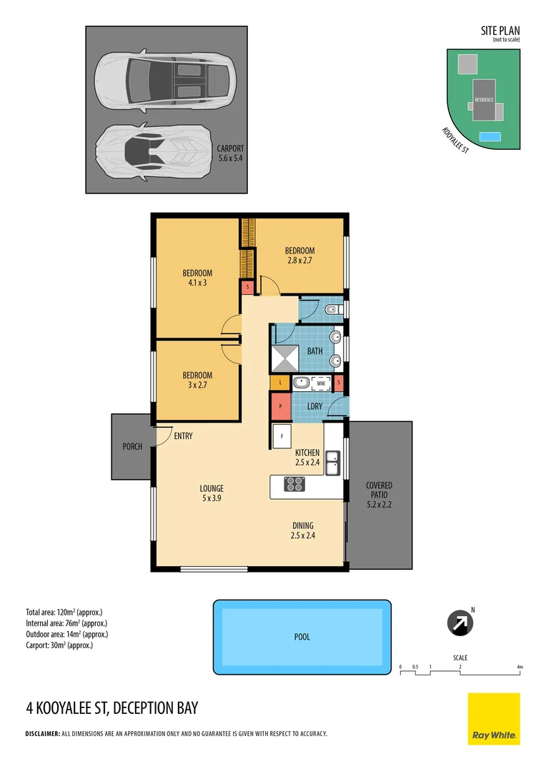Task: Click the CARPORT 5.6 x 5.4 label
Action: (x=229, y=153)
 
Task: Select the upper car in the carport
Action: (x=165, y=79)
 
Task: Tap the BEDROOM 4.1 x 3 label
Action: (x=197, y=278)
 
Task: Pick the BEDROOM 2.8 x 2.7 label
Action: (x=299, y=255)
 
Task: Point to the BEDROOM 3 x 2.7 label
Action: (x=197, y=380)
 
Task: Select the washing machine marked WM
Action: (x=320, y=383)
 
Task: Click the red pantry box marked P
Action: (x=281, y=406)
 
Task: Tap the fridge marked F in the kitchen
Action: (x=282, y=435)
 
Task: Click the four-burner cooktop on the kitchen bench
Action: (x=294, y=484)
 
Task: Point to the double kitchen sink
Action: (x=332, y=463)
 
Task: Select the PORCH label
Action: (x=132, y=447)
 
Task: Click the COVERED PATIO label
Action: (x=379, y=495)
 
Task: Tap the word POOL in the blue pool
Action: (x=302, y=637)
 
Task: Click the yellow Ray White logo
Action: (x=494, y=719)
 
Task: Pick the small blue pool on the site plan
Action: (x=490, y=136)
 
